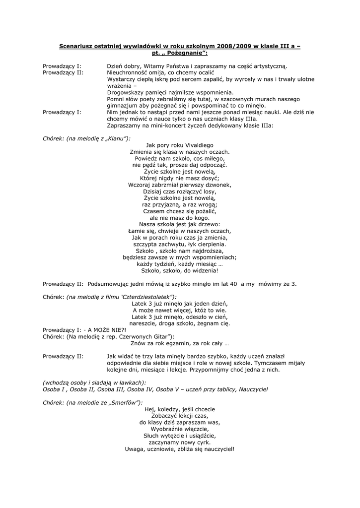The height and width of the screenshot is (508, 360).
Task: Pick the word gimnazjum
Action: (x=122, y=105)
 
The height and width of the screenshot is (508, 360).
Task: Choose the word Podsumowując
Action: (x=110, y=284)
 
